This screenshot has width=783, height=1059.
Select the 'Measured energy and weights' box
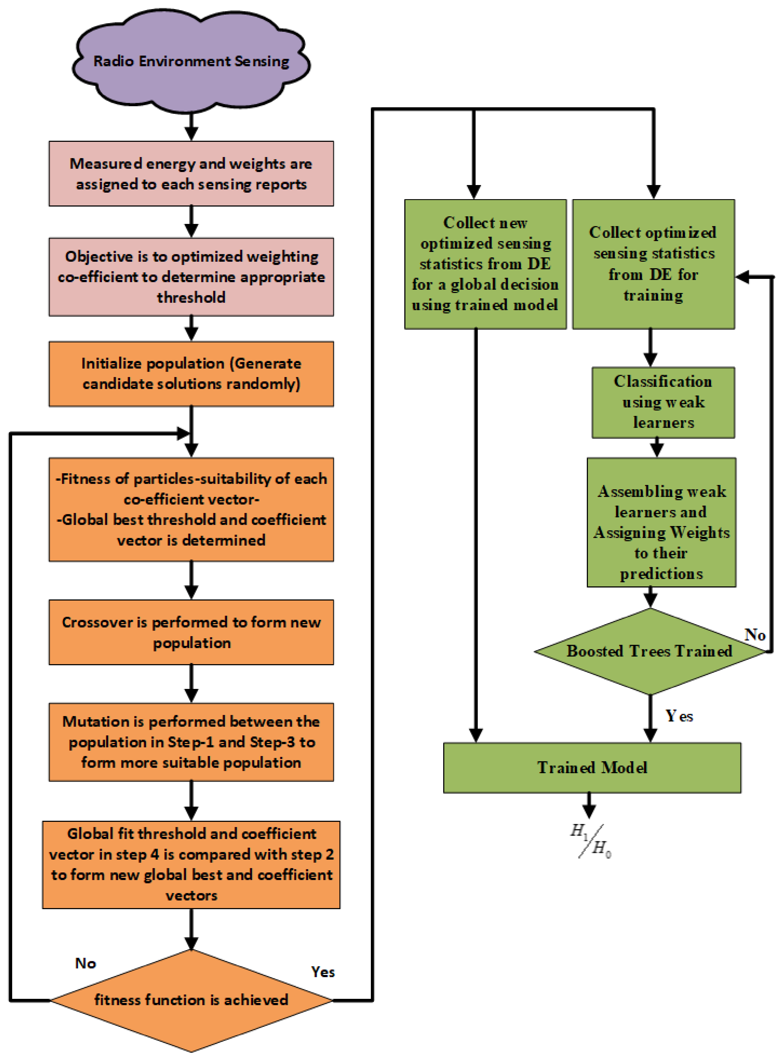coord(191,173)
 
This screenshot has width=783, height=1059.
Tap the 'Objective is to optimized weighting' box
coord(191,277)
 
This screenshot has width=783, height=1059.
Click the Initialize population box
coord(191,374)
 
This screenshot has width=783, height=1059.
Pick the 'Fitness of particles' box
coord(191,509)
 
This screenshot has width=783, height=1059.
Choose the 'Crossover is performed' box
coord(191,632)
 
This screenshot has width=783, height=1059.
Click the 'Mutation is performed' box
coord(191,742)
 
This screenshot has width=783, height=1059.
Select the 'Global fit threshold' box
coord(191,865)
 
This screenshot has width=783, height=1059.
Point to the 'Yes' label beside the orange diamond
coord(323,972)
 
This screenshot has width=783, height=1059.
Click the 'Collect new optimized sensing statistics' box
coord(485,264)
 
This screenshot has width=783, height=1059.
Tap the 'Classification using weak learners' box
coord(663,402)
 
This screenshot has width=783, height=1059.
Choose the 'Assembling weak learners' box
coord(661,522)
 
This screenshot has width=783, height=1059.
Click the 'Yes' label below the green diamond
coord(679,715)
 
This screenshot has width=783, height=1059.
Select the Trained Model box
coord(592,768)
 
